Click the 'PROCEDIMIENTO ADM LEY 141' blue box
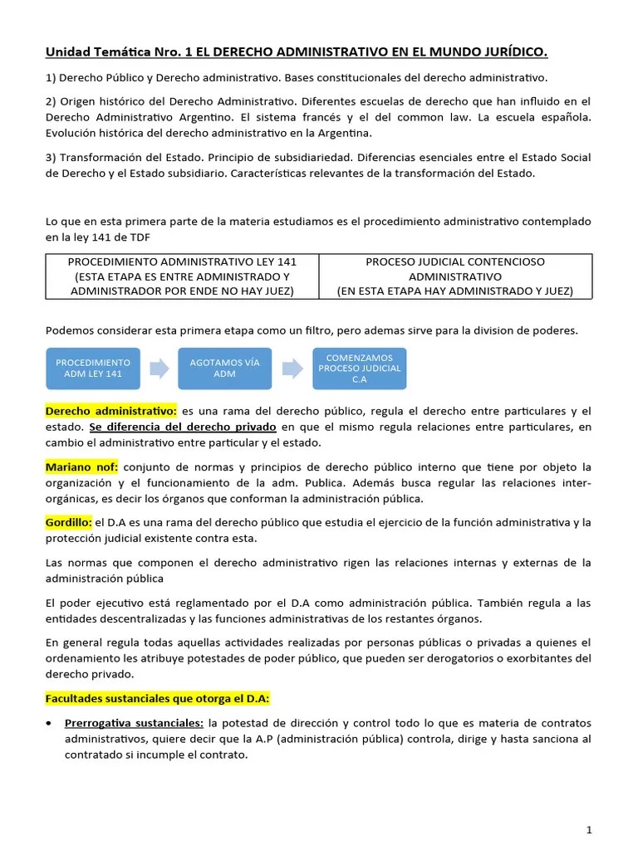coord(92,369)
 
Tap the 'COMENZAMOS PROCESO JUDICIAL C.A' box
coord(359,369)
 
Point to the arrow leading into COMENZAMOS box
coord(292,369)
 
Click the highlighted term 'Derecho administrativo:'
coord(110,411)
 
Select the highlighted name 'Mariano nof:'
coord(81,467)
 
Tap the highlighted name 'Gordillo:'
coord(69,522)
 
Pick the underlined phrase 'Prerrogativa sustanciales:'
coord(135,723)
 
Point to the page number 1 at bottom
coord(588,829)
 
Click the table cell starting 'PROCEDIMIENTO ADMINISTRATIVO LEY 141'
coord(182,276)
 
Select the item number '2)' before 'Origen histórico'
coord(51,101)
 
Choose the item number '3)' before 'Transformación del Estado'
coord(51,158)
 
